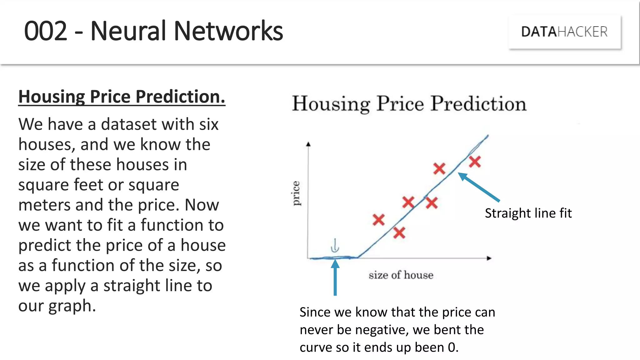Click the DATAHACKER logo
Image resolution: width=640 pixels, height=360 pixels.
564,32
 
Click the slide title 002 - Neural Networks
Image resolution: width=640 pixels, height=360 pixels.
153,31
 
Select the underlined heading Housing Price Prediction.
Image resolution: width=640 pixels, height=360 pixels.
122,97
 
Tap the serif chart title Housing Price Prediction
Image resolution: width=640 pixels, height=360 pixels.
409,104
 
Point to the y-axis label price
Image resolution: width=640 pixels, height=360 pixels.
296,193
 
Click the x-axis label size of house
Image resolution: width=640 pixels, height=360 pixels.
401,275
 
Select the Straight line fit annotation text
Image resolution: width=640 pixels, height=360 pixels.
528,213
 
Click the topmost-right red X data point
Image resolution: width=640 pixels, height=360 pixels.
475,162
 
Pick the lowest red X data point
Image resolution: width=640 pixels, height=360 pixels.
399,233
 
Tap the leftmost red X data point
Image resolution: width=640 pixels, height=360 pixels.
378,220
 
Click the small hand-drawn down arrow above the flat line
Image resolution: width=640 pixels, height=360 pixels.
335,246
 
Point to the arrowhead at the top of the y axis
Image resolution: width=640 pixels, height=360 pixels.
308,144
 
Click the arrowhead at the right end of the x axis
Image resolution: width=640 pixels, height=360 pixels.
489,258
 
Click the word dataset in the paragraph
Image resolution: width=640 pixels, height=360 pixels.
127,124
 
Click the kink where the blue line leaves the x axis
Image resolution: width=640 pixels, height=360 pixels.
357,257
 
